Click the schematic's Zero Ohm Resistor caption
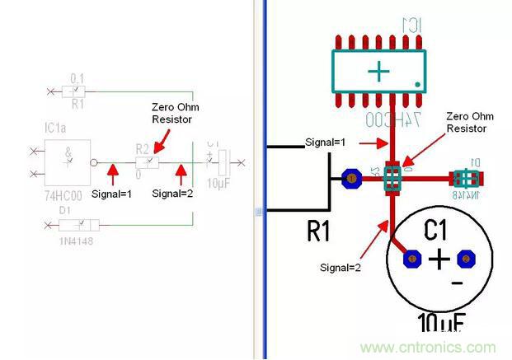tap(175, 114)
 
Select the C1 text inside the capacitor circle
tap(440, 228)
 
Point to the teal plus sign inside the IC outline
tap(378, 72)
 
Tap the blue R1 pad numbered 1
tap(351, 177)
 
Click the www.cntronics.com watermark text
tap(428, 347)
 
